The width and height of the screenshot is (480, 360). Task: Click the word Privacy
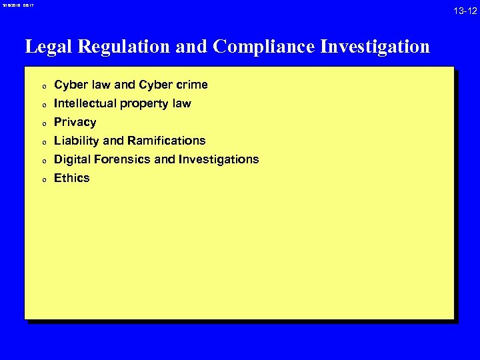click(x=75, y=122)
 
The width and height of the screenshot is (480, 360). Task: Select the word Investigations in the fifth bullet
click(x=217, y=159)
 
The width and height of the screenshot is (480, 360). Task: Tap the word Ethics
click(x=71, y=178)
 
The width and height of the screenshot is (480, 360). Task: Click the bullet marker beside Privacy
click(x=42, y=123)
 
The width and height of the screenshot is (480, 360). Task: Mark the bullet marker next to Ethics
click(x=42, y=179)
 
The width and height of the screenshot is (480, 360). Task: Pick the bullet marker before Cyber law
click(x=42, y=86)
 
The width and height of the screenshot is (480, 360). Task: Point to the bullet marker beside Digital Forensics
click(x=42, y=161)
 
